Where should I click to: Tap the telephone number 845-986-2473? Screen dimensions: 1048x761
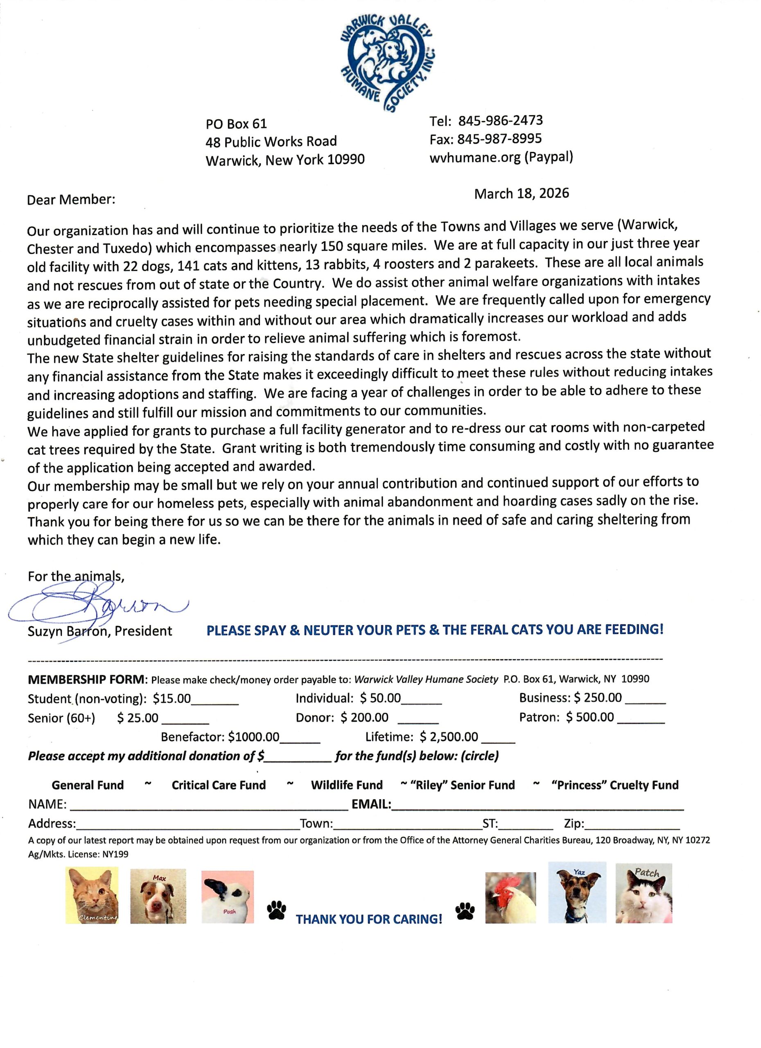point(500,121)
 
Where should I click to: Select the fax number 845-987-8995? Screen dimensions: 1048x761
point(499,139)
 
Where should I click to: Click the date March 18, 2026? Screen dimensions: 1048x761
point(521,193)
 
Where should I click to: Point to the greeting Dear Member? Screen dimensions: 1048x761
point(71,200)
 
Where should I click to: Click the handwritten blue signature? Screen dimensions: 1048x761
point(97,603)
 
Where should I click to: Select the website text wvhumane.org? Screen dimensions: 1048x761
point(475,158)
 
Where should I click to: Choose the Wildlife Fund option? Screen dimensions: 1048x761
point(347,785)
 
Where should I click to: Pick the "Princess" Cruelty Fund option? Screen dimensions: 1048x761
point(614,785)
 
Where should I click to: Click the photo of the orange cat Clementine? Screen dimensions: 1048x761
point(92,894)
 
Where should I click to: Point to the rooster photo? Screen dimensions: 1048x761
point(510,897)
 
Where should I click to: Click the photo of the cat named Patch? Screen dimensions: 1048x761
point(644,893)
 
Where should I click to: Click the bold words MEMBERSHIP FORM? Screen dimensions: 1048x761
point(87,679)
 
